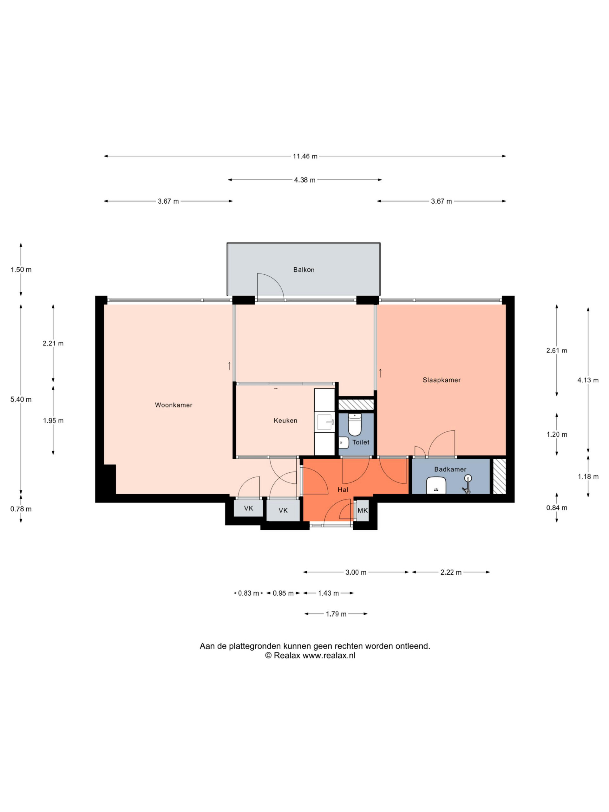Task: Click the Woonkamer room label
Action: [173, 405]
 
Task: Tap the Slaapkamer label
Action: [441, 380]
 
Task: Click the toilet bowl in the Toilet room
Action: [355, 425]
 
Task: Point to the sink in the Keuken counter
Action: [324, 422]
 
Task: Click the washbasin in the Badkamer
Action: [436, 485]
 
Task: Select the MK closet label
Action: [362, 510]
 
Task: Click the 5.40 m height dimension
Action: [21, 399]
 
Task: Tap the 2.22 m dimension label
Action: [451, 572]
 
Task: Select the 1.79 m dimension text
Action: [336, 614]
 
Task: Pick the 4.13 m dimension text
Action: [588, 380]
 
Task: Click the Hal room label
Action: [343, 490]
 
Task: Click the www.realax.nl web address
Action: [329, 656]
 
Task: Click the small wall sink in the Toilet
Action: [344, 443]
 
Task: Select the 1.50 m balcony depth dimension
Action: [21, 270]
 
